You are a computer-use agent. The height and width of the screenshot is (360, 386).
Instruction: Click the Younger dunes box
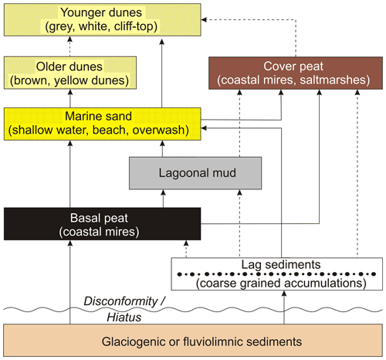[102, 19]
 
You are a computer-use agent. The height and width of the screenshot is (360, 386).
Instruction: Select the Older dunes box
[70, 73]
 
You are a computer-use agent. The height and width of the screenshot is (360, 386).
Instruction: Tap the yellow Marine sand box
[102, 124]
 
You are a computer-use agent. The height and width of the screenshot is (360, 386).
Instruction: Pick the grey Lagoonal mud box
[195, 173]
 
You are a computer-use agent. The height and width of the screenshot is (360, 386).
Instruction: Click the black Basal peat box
[102, 224]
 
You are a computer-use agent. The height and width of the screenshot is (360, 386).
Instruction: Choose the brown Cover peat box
[296, 73]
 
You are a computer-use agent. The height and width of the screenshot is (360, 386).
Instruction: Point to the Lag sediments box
[277, 274]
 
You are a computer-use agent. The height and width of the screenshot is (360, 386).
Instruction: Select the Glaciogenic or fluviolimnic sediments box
[193, 341]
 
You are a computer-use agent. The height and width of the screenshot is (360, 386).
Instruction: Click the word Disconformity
[120, 301]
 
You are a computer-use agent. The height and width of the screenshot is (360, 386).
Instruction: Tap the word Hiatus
[124, 318]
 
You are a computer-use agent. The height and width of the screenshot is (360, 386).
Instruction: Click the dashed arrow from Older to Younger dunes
[69, 46]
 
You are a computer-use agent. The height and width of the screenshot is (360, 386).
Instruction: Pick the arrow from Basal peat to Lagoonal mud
[163, 199]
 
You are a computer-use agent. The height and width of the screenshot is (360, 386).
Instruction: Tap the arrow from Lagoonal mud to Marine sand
[162, 148]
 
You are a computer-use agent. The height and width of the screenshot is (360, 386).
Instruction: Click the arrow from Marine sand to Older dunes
[70, 98]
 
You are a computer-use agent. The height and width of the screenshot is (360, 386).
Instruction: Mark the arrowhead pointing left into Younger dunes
[204, 19]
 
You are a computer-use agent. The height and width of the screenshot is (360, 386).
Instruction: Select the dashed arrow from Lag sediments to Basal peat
[186, 249]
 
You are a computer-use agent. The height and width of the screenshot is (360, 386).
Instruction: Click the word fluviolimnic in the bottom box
[213, 341]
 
